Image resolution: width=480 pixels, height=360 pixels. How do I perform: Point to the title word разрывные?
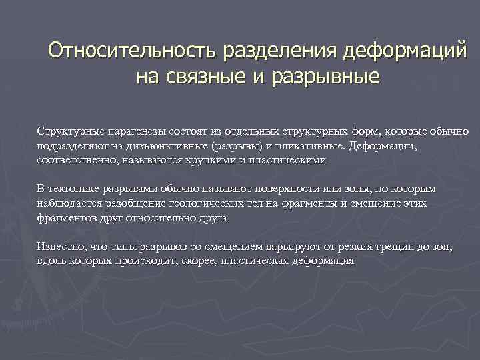pyautogui.click(x=325, y=77)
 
